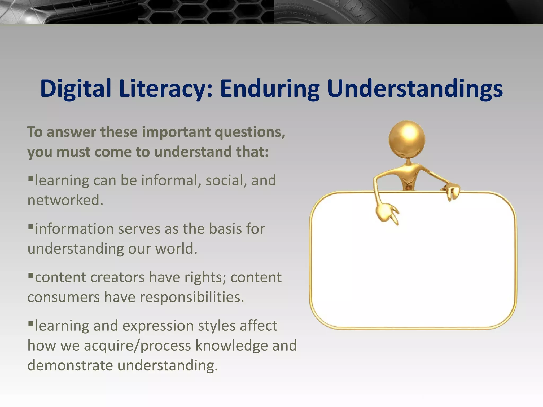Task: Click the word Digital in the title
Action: [76, 89]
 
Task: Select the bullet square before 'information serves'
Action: [31, 226]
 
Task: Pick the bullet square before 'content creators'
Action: [31, 275]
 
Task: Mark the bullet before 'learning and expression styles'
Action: [31, 323]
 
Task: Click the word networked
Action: [65, 200]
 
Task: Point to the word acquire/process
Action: [137, 346]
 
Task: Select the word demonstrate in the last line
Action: [70, 366]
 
